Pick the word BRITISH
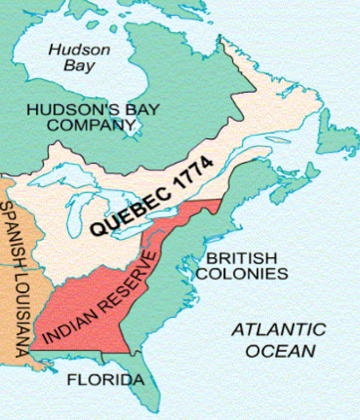[239, 258]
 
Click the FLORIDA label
[105, 381]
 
